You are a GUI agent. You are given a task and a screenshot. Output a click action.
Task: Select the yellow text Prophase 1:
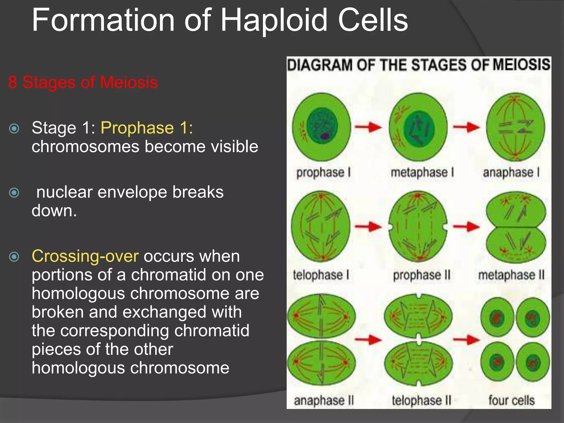[147, 128]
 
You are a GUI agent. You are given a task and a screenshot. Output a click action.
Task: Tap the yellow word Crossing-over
[85, 256]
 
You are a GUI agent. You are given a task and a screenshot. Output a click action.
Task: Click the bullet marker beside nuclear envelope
[14, 192]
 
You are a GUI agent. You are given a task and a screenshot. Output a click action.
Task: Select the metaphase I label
[422, 173]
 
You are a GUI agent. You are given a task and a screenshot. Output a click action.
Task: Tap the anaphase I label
[511, 173]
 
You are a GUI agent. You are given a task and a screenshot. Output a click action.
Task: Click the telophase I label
[321, 275]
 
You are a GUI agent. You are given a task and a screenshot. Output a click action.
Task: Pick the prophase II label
[421, 275]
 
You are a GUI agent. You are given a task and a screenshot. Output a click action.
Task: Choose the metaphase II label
[511, 275]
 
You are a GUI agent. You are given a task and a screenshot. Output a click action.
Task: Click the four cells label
[511, 400]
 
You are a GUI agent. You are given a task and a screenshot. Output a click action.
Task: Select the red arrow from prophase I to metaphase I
[368, 127]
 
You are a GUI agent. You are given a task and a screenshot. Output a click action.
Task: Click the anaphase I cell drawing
[515, 127]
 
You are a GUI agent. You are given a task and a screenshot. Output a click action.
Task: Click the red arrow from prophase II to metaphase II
[466, 227]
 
